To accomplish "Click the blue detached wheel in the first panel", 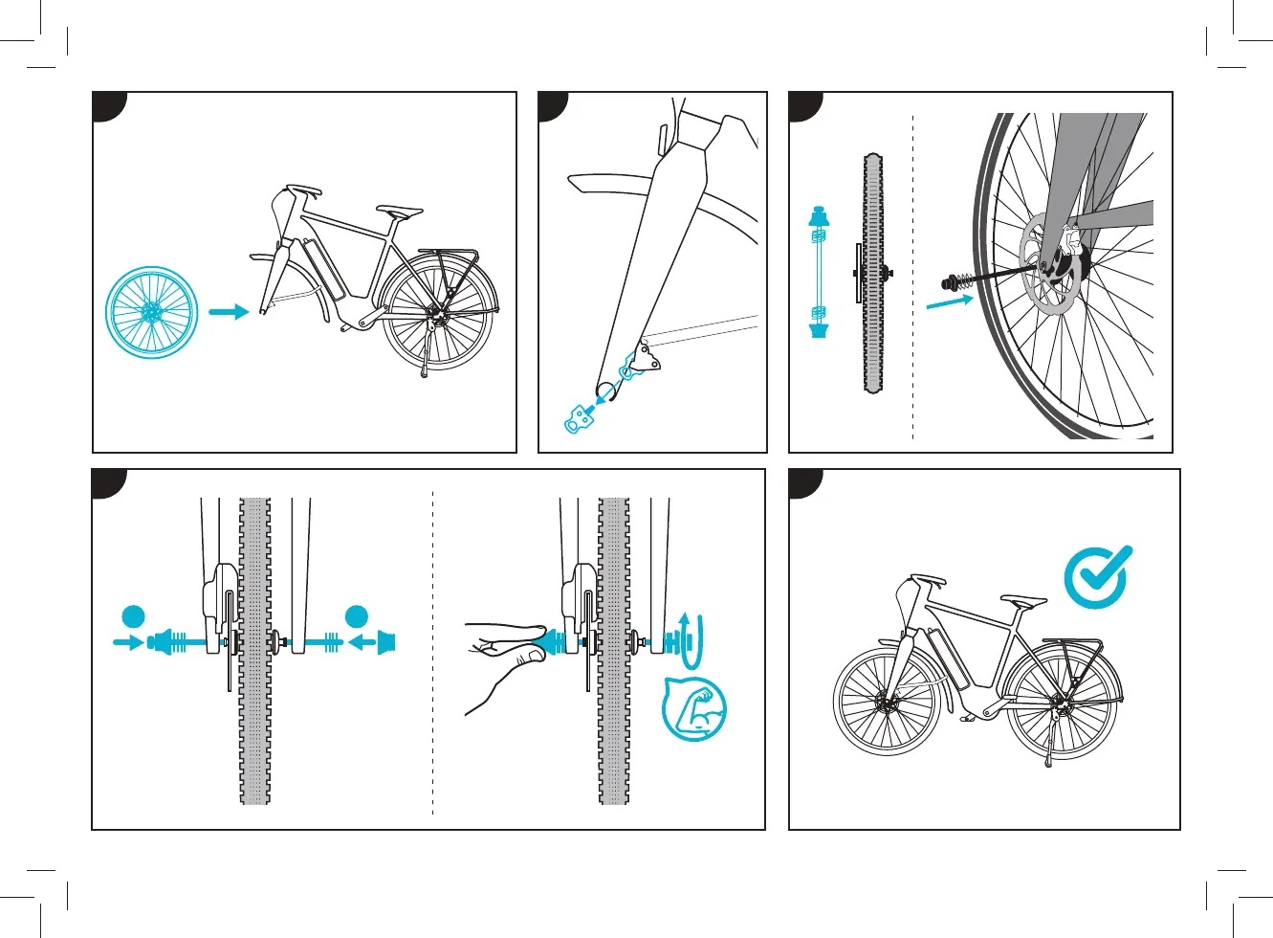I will pos(152,313).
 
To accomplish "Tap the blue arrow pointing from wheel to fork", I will pos(228,312).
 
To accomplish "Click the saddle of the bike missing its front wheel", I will pos(399,210).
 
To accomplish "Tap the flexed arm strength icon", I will pos(694,709).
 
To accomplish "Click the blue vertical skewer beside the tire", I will pos(819,273).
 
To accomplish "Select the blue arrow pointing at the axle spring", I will pos(949,301).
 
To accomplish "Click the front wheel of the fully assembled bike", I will pos(887,701).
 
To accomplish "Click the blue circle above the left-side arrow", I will pos(133,616).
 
